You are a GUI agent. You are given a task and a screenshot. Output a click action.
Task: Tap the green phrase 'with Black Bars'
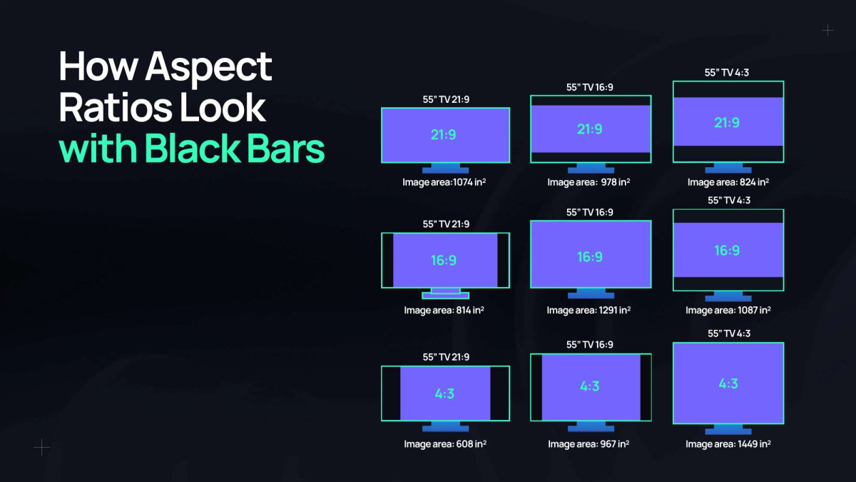tap(192, 149)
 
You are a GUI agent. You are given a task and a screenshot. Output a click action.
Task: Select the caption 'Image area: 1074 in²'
tap(445, 182)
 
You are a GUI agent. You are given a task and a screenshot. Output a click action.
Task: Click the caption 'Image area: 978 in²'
tap(588, 182)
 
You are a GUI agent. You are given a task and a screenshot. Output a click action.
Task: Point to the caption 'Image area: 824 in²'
tap(728, 182)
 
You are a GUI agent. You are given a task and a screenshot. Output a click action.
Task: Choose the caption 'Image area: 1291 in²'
tap(589, 311)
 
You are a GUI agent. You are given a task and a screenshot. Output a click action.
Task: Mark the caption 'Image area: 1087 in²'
tap(728, 311)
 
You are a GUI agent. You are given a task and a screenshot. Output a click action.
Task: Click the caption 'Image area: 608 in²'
tap(445, 444)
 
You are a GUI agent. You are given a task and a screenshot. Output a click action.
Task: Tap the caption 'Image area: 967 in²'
tap(588, 444)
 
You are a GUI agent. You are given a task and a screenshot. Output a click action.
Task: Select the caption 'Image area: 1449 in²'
tap(728, 444)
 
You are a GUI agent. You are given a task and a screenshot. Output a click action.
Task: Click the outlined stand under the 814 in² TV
tap(445, 294)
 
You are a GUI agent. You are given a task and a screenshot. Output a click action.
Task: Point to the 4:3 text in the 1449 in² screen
tap(728, 383)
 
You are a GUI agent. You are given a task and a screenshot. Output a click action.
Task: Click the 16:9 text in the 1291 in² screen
tap(590, 256)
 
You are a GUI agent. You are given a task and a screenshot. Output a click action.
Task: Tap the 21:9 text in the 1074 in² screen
tap(444, 135)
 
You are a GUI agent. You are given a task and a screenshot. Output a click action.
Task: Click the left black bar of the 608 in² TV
tap(391, 393)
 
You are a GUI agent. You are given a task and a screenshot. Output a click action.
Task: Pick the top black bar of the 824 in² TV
tap(728, 89)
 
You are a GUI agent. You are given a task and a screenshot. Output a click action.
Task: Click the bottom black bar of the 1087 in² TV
tap(728, 283)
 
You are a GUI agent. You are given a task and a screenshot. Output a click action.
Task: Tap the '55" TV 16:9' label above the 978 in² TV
tap(589, 87)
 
